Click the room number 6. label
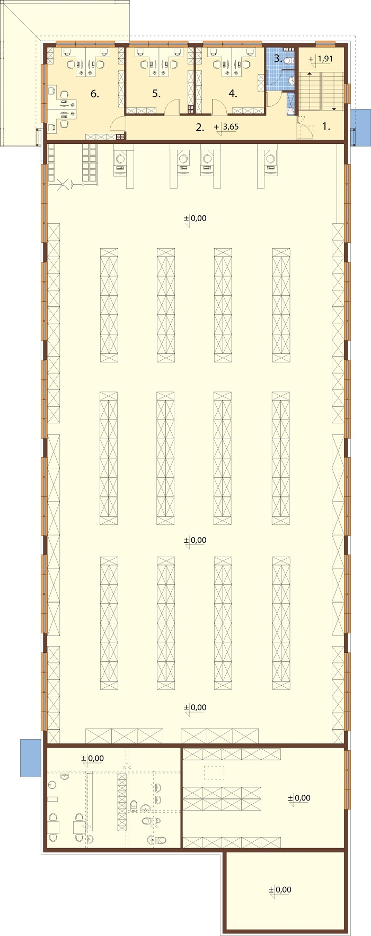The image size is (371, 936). tap(95, 94)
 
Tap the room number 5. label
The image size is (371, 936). tap(156, 94)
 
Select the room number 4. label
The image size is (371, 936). tap(233, 94)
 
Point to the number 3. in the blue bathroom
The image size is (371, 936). tap(278, 58)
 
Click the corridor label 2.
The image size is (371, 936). tap(200, 127)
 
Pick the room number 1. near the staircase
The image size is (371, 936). tap(326, 127)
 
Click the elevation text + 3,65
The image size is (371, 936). tap(227, 127)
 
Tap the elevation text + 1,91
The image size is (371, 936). tap(321, 59)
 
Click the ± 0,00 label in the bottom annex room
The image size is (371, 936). tap(280, 889)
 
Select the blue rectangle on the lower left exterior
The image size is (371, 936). tap(31, 758)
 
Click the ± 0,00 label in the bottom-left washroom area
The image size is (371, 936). tap(92, 758)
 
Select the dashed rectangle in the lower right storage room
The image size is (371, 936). tap(214, 773)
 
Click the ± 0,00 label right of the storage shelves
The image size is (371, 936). tap(299, 798)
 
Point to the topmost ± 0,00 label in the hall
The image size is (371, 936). tap(195, 218)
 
